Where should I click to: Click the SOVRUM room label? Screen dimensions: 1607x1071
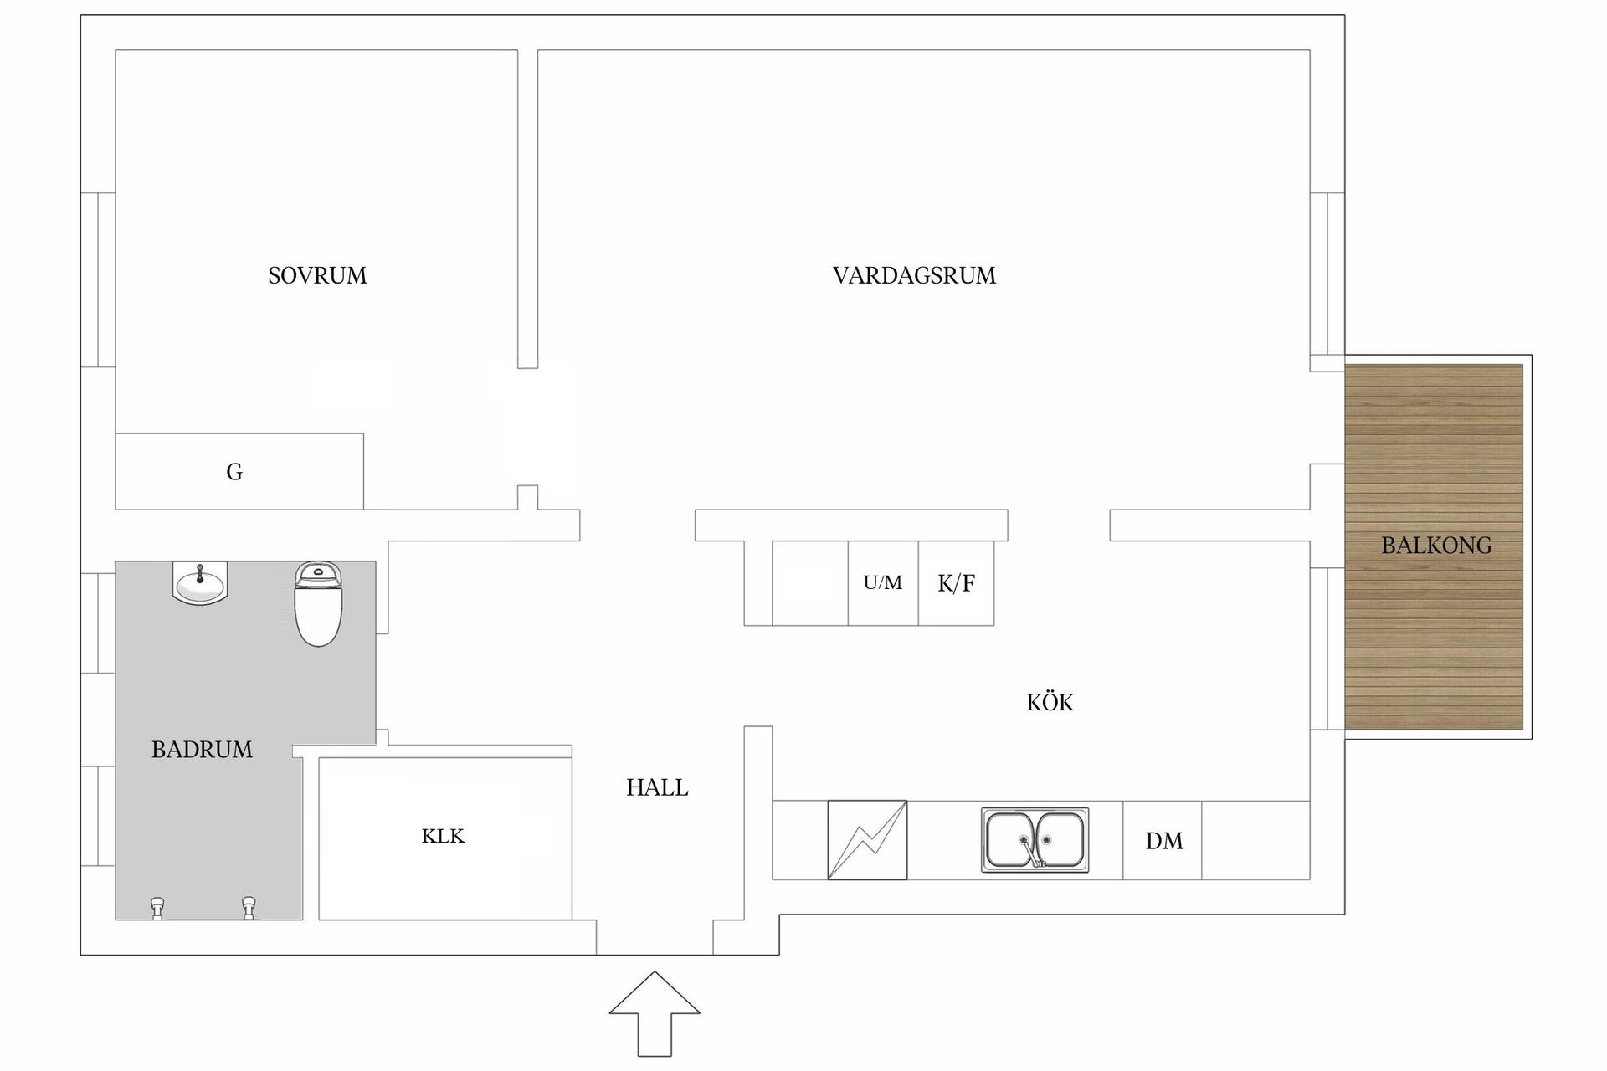317,275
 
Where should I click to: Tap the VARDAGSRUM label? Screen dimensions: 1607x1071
914,275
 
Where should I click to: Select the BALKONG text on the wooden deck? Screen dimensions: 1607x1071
1436,546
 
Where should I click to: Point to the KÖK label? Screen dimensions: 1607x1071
1050,701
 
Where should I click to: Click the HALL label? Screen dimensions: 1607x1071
657,787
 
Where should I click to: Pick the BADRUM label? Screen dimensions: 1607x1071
202,749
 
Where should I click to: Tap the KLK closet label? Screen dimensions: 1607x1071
443,836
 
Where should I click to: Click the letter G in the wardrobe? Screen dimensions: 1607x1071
234,472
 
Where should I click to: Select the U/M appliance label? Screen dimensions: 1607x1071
883,582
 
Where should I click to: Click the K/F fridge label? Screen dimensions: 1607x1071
956,583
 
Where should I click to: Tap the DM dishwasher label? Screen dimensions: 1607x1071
1164,841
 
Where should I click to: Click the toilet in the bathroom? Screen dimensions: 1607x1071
318,603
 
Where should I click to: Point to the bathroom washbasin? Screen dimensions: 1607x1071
200,582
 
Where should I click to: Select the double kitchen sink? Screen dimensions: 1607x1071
1035,840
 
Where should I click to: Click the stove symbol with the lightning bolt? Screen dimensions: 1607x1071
867,840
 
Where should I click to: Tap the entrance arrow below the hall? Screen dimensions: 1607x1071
655,1013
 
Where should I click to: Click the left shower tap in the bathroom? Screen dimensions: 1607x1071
157,908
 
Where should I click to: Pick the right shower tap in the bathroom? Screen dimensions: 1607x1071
249,908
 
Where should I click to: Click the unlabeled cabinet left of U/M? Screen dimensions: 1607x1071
810,583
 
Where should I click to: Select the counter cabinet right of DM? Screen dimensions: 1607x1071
1255,840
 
